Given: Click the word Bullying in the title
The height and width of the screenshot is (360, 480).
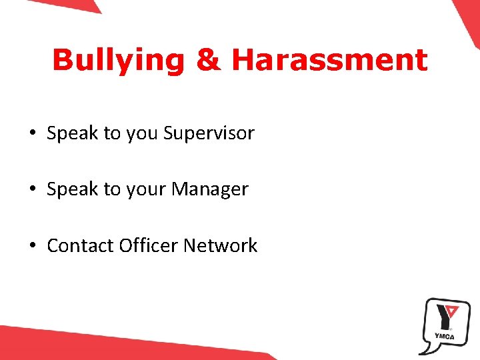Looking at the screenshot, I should (x=117, y=60).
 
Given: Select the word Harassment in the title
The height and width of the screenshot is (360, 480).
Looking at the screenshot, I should (x=329, y=60).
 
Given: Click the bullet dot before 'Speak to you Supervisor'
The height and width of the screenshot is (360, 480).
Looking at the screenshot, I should (x=33, y=133).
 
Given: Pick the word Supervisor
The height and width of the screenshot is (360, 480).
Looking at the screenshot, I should (x=209, y=133).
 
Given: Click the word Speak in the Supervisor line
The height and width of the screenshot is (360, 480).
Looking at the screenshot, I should (x=72, y=133).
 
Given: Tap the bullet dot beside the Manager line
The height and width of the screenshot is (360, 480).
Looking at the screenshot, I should (x=33, y=189).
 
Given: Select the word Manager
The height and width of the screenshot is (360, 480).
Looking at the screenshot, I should (x=209, y=189).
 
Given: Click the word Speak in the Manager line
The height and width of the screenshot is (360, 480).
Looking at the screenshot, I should (x=72, y=189).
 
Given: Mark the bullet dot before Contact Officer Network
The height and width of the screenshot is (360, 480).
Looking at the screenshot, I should (x=33, y=246).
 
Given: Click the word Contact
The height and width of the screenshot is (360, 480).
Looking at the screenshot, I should (x=80, y=246).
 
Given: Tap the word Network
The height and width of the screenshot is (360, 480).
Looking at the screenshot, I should (x=220, y=246).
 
